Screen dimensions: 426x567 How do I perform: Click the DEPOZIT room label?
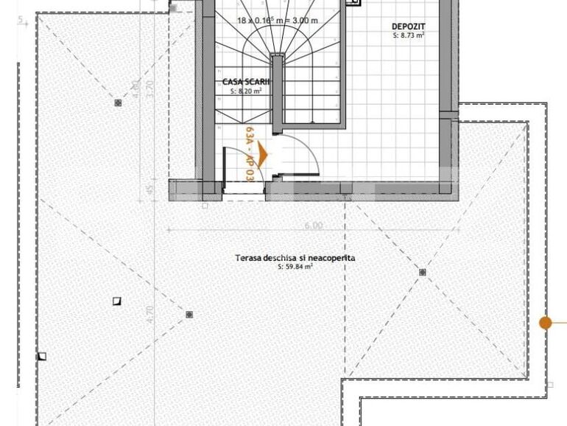coord(408,27)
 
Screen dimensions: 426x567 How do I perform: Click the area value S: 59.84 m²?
coord(295,267)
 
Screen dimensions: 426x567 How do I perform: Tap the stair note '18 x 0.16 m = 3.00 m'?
coord(278,21)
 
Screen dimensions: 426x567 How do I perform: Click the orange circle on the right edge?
coord(545,323)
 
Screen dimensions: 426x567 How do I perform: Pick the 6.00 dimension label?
coord(314,226)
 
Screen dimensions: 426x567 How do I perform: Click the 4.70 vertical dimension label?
coord(151,315)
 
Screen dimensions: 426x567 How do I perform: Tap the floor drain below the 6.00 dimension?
coord(423,273)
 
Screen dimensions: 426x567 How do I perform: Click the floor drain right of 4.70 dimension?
coord(189,315)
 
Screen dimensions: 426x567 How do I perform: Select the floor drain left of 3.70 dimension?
coord(118,103)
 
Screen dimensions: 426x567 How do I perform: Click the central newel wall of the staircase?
coord(277,88)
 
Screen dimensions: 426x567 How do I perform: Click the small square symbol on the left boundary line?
coord(42,357)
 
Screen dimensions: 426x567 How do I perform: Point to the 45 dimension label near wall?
coord(150,192)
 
